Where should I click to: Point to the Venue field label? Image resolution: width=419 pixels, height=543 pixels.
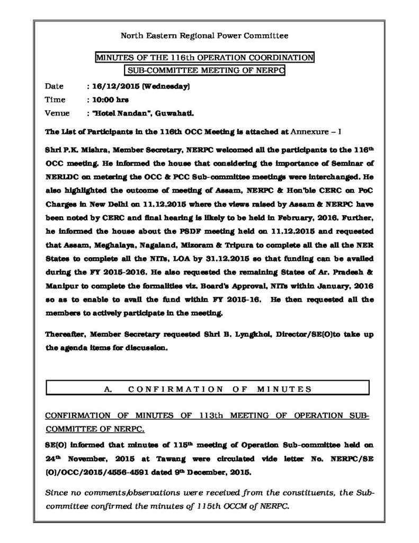(x=57, y=113)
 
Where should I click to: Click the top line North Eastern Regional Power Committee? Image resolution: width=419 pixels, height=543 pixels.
(x=204, y=36)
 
